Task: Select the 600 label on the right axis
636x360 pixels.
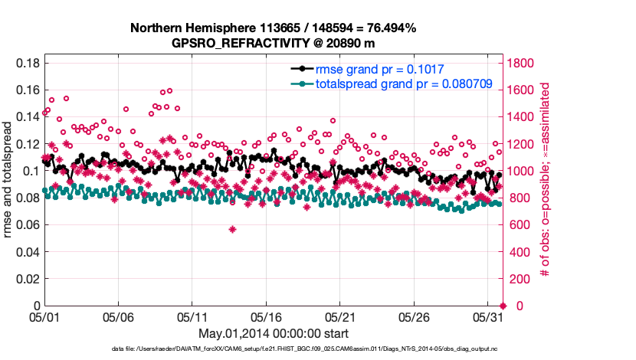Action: pyautogui.click(x=517, y=225)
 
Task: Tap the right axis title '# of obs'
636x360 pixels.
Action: pyautogui.click(x=545, y=184)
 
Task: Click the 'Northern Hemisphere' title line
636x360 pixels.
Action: pyautogui.click(x=273, y=28)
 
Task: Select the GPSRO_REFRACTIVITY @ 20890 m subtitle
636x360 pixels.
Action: pyautogui.click(x=273, y=43)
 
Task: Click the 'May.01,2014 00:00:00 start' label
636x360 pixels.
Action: pyautogui.click(x=273, y=333)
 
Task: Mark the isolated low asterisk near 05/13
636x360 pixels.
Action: pyautogui.click(x=232, y=229)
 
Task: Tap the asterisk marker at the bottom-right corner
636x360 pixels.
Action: pyautogui.click(x=503, y=306)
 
